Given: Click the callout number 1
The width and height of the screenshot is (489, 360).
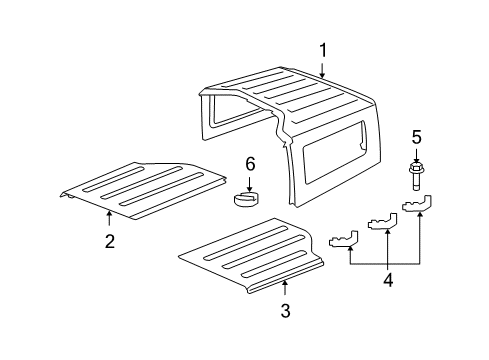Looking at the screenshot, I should click(x=322, y=50).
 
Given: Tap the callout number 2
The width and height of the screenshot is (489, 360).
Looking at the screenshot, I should click(x=109, y=241).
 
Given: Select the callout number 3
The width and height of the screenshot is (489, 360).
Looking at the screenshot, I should click(x=285, y=311).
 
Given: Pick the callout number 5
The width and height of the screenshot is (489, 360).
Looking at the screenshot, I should click(x=416, y=137).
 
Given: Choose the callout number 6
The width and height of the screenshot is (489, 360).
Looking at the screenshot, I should click(x=251, y=163).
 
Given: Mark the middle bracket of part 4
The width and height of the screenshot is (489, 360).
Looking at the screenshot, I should click(x=381, y=245).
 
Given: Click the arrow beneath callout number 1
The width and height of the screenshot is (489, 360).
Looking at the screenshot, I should click(x=322, y=70).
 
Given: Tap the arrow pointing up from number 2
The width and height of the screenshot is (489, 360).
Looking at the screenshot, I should click(x=109, y=219).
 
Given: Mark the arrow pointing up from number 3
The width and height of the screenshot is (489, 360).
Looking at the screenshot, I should click(x=285, y=290).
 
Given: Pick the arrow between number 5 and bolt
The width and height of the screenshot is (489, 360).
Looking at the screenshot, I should click(x=416, y=154).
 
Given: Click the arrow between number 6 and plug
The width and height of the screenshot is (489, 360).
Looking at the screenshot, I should click(x=251, y=180).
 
